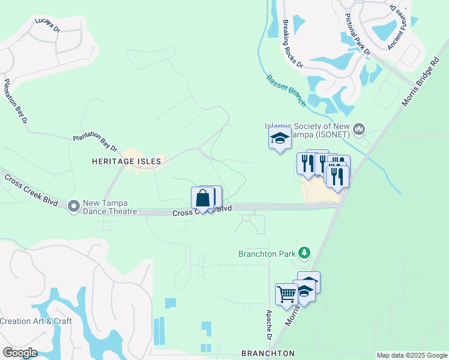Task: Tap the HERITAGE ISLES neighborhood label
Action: [x=127, y=161]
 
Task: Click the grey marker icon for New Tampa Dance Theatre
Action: [x=74, y=206]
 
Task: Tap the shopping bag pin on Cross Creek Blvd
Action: [x=203, y=198]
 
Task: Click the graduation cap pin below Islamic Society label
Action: [x=280, y=139]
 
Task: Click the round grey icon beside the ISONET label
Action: [x=360, y=128]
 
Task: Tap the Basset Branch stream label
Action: [x=286, y=90]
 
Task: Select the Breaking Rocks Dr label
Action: [x=292, y=44]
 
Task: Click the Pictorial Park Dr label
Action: [x=358, y=34]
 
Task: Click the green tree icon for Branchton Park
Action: [x=305, y=253]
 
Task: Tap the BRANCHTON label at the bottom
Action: [x=267, y=353]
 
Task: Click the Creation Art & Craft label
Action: [x=36, y=321]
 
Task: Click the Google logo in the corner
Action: [x=20, y=353]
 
